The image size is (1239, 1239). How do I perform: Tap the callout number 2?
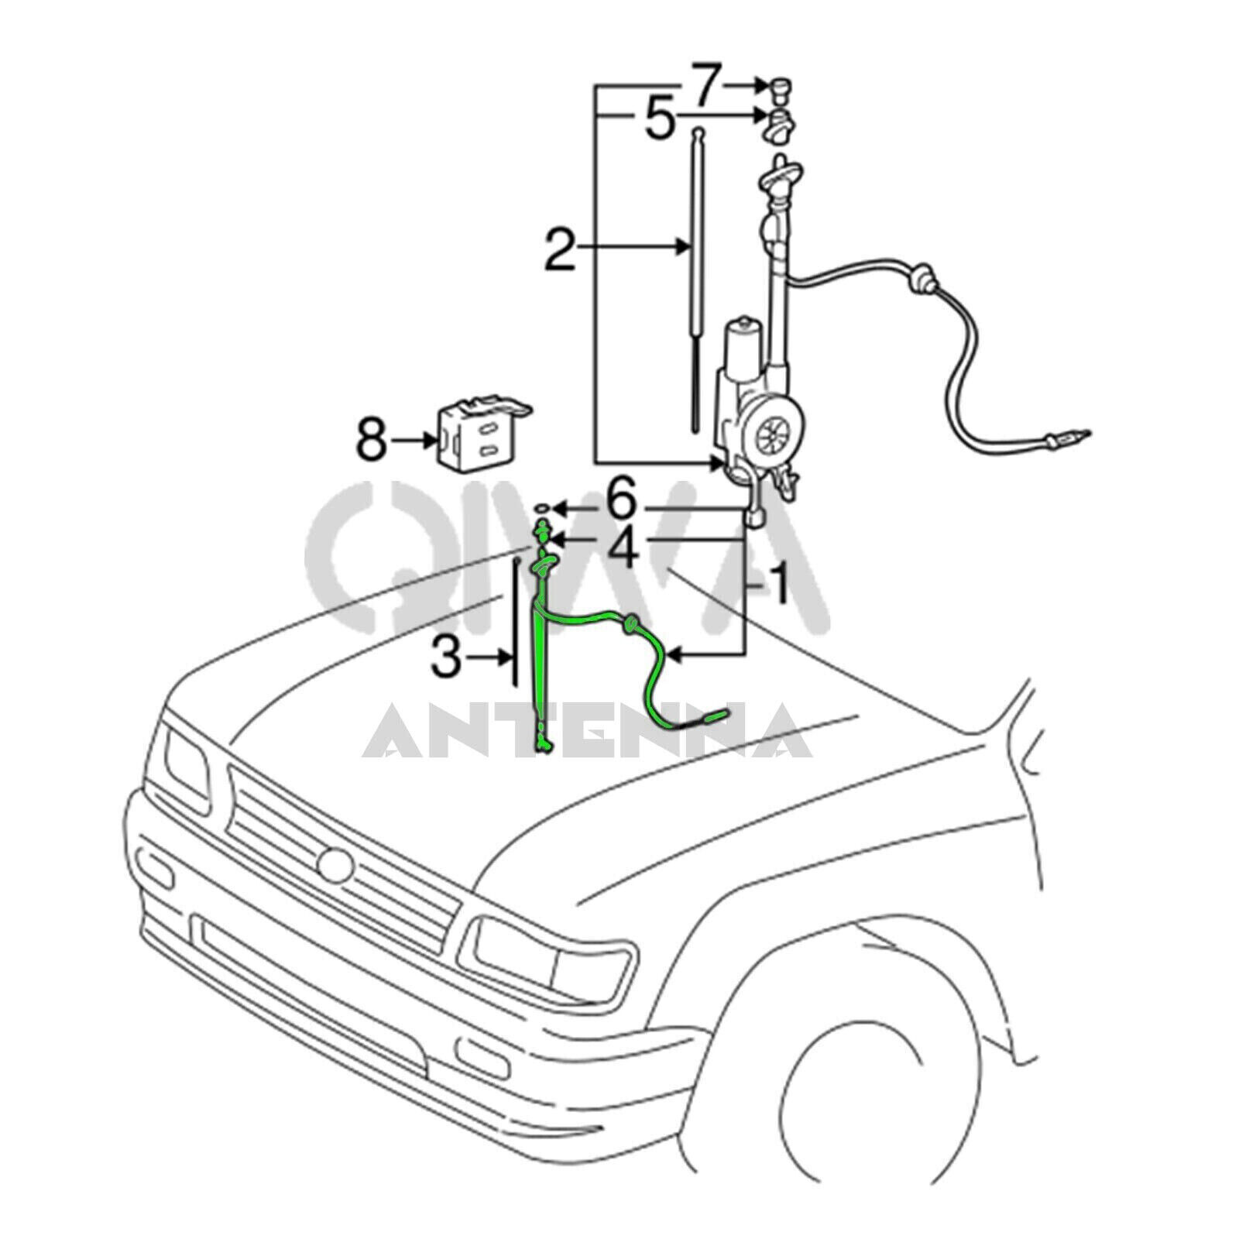[560, 247]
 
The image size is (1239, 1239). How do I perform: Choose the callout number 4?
[621, 548]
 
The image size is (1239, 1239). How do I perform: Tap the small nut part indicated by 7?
[777, 89]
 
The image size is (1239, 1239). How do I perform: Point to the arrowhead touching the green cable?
[672, 657]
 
